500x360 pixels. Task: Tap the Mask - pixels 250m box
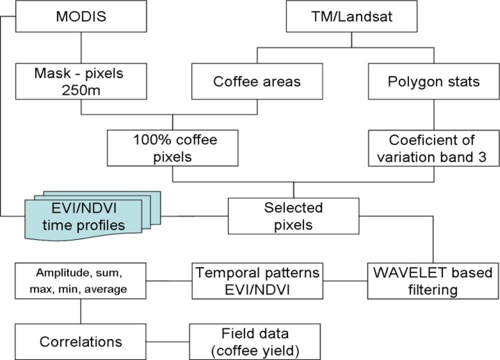[x=80, y=80]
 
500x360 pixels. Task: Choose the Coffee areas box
[x=257, y=81]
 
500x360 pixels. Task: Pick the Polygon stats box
[x=433, y=81]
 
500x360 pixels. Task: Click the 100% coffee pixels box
[x=172, y=148]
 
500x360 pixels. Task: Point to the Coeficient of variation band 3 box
[x=433, y=148]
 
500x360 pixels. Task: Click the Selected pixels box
[x=293, y=216]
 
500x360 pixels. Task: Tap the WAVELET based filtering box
[x=433, y=281]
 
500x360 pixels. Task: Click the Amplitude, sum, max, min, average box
[x=80, y=281]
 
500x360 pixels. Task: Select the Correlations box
[x=80, y=341]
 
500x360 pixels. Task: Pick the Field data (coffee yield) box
[x=254, y=341]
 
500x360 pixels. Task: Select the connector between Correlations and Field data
[x=167, y=341]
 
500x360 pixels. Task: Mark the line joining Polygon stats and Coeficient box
[x=433, y=114]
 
